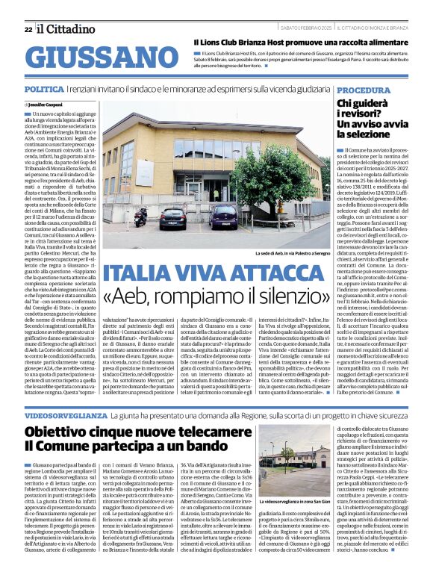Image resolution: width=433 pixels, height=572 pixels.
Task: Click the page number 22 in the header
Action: coord(28,29)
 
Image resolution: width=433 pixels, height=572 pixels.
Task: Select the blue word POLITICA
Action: coord(43,89)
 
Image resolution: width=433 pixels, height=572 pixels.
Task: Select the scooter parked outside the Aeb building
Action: coord(140,217)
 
